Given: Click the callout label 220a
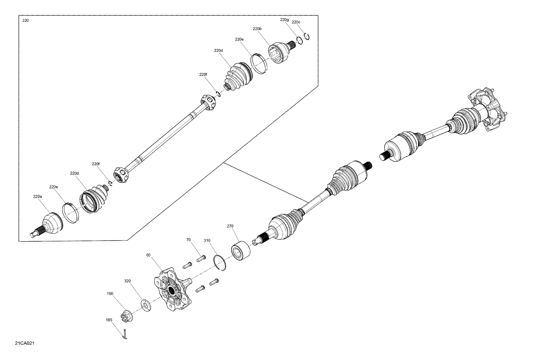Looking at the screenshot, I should tap(38, 196).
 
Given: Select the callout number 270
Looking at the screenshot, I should tap(230, 226).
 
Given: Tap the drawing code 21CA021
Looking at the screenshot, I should tap(25, 343).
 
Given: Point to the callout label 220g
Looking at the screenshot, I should tap(284, 20).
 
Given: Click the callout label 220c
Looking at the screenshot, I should tap(296, 22).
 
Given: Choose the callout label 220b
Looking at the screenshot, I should tap(257, 29).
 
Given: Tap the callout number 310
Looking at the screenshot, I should tap(207, 241).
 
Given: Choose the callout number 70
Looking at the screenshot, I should tap(188, 240).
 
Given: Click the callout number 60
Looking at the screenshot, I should tap(149, 255).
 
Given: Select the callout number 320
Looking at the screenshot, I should tap(128, 281).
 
